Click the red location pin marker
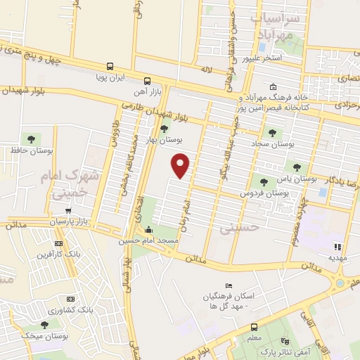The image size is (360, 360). (181, 165)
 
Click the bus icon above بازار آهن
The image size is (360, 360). (147, 82)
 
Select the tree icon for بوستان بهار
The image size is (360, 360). (165, 129)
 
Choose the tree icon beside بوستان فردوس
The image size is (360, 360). (264, 182)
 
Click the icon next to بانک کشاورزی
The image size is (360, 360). (70, 299)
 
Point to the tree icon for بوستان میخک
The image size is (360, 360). (45, 325)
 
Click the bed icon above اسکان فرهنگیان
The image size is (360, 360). (227, 285)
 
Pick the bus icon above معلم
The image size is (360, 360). (254, 326)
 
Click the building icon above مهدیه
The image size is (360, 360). (337, 247)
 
